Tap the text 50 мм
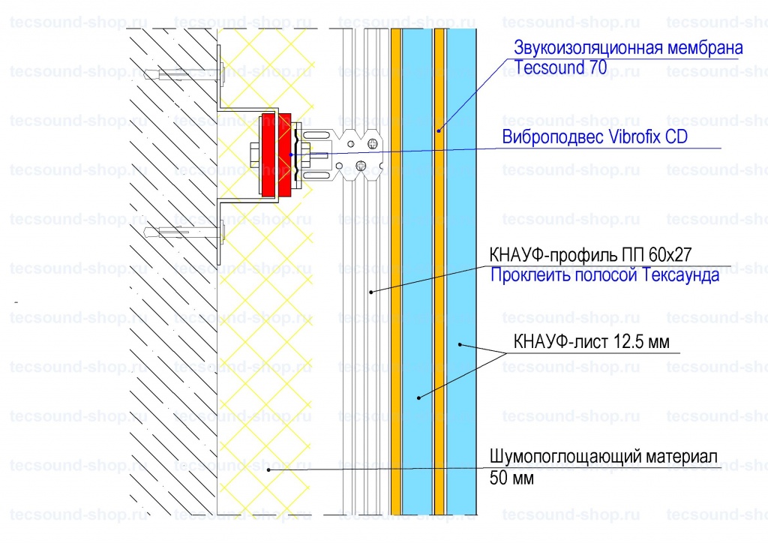point(511,478)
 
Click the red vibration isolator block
point(276,155)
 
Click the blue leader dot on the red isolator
point(291,154)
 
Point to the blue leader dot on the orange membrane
point(439,130)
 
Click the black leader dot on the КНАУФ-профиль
point(370,292)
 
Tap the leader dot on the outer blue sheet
point(460,345)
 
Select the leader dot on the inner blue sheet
point(418,398)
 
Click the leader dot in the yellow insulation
point(268,470)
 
